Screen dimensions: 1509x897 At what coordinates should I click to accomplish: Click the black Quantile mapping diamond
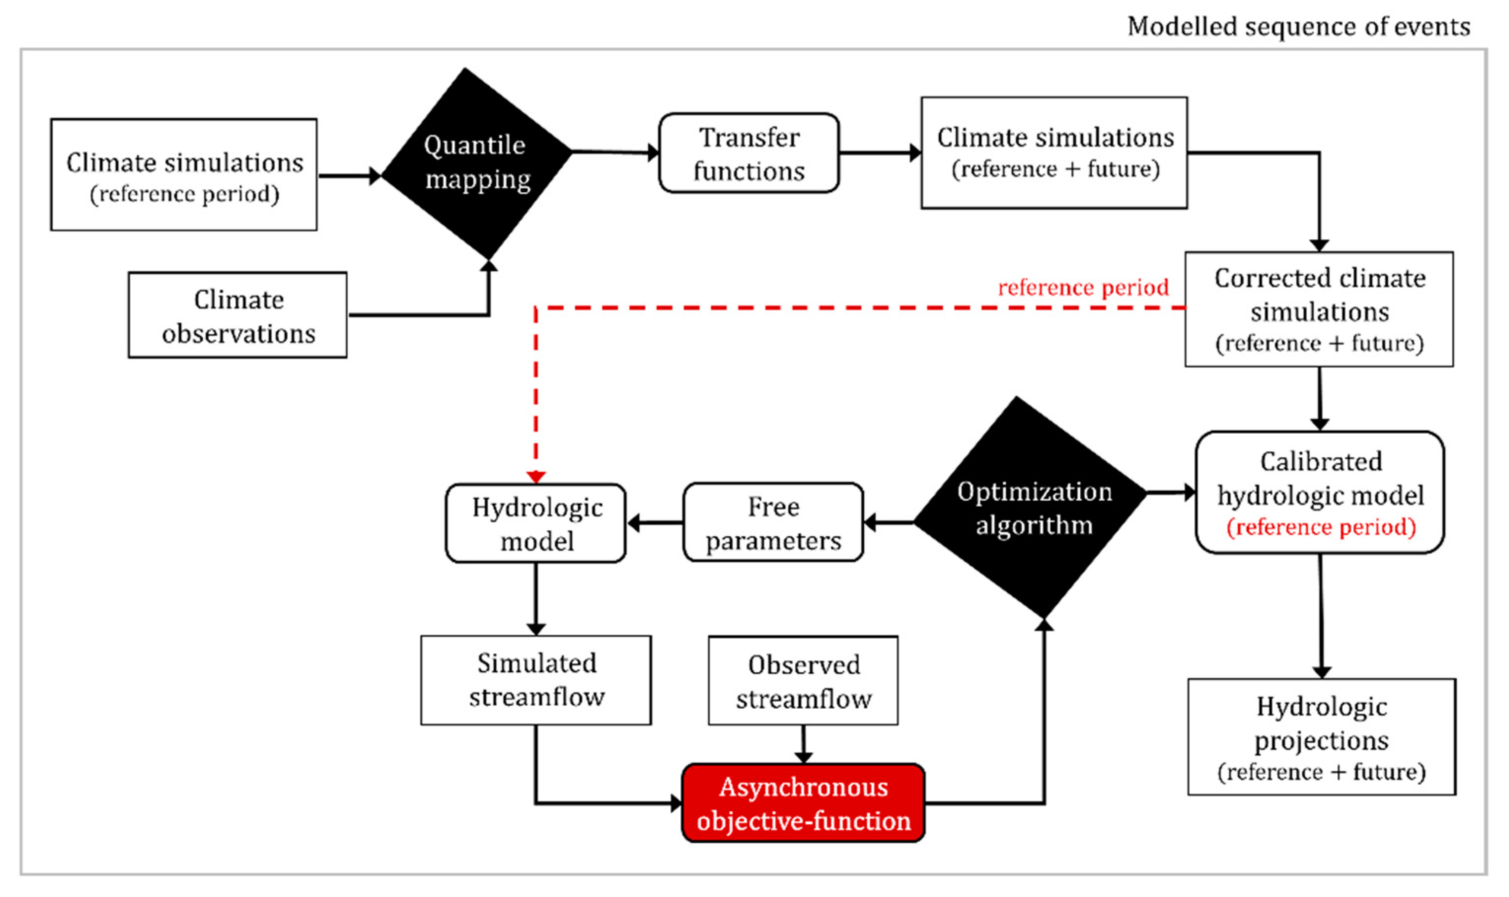point(477,163)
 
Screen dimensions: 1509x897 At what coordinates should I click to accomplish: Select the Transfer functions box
point(749,153)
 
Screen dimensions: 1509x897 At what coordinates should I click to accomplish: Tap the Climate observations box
point(238,315)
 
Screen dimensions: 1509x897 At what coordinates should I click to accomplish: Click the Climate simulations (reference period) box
point(184,174)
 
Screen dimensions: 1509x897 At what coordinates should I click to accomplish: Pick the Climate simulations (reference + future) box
point(1054,153)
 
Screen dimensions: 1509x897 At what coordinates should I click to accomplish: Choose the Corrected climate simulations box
point(1319,310)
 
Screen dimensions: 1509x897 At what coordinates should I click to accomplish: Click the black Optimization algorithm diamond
point(1031,507)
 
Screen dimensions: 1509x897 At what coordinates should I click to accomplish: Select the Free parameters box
point(773,522)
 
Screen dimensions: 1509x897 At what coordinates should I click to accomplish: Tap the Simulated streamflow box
point(536,680)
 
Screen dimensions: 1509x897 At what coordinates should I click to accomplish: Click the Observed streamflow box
point(803,681)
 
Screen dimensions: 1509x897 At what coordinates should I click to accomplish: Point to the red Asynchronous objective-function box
point(803,803)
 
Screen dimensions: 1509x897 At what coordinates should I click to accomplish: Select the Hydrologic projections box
point(1322,737)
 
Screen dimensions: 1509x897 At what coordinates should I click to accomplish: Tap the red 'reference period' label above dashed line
point(1083,287)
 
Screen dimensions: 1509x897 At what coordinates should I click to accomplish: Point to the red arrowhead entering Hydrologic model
point(536,478)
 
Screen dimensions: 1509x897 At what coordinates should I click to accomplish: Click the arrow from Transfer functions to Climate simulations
point(881,153)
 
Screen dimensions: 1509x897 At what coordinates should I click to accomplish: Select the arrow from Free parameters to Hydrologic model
point(655,523)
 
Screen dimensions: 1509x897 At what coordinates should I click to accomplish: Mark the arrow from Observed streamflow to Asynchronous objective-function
point(803,745)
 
